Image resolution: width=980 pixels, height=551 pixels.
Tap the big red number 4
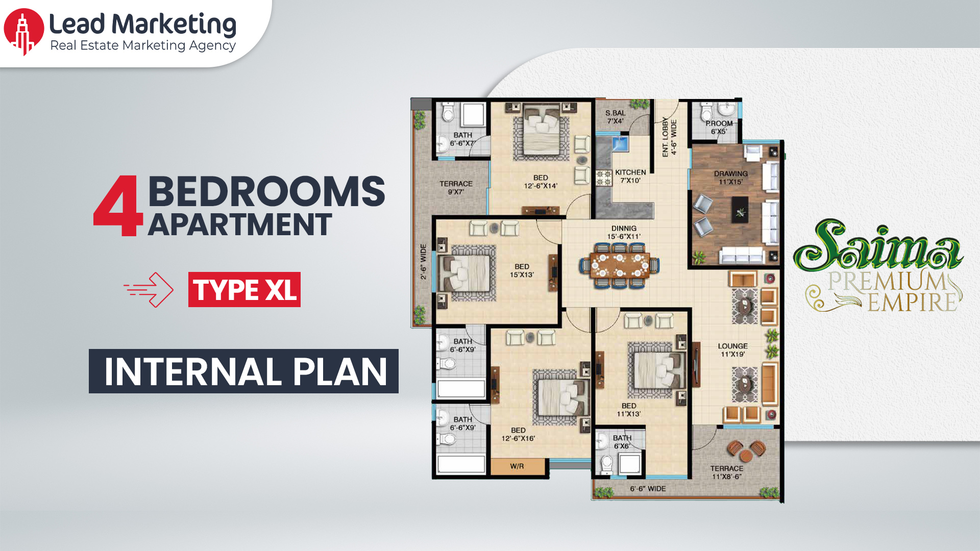(x=117, y=206)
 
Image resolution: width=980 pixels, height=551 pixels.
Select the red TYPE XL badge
(x=244, y=290)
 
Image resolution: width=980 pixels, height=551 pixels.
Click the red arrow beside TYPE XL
(x=149, y=290)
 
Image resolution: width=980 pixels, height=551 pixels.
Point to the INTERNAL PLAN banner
(x=243, y=371)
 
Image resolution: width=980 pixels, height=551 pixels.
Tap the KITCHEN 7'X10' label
(x=630, y=177)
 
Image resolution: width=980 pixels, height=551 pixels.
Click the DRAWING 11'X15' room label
(x=730, y=178)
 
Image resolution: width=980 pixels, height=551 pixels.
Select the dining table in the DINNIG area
(x=619, y=266)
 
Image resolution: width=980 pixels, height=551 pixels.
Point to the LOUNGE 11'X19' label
(x=732, y=350)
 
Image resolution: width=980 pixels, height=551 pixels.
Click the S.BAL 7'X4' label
(x=615, y=117)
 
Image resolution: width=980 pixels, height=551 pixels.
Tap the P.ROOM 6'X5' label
(x=719, y=127)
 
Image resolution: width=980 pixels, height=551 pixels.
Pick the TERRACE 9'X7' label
(x=456, y=188)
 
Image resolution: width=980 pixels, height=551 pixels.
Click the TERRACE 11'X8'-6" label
(x=726, y=472)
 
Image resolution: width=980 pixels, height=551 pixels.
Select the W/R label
(x=517, y=466)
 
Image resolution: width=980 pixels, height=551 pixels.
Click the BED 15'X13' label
(x=522, y=270)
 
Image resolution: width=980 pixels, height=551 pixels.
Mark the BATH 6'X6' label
(x=622, y=442)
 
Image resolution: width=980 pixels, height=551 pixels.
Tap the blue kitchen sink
(x=620, y=143)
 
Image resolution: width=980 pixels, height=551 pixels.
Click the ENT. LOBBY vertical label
(x=669, y=137)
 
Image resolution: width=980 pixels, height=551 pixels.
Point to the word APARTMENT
(x=240, y=224)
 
